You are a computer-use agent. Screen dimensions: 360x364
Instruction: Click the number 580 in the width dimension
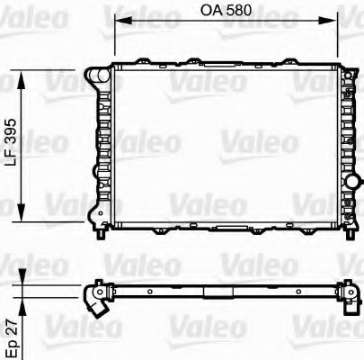point(238,12)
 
